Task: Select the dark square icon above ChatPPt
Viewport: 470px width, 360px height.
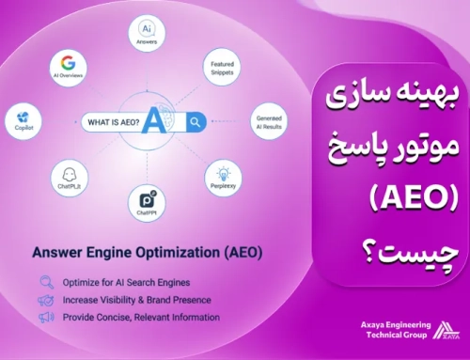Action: click(x=148, y=199)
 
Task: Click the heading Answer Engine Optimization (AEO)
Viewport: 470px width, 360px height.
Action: click(x=148, y=252)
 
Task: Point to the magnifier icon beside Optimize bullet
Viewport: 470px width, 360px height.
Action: click(x=44, y=280)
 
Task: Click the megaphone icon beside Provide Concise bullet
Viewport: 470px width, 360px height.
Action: click(x=44, y=317)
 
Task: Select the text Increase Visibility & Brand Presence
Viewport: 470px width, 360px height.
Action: click(x=136, y=299)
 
